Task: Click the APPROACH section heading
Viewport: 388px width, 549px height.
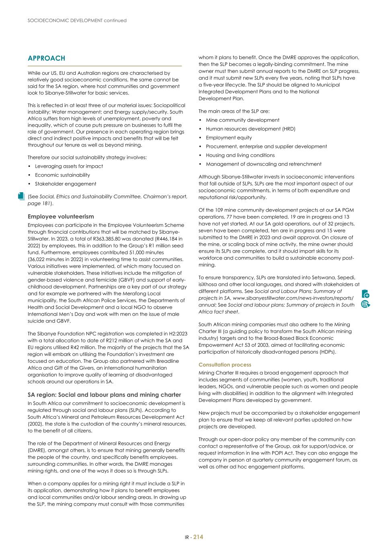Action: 46,58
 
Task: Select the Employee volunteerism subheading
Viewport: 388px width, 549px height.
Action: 61,216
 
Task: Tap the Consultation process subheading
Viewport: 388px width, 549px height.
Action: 224,365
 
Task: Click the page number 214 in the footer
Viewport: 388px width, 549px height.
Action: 198,537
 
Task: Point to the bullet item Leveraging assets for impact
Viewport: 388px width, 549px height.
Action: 69,166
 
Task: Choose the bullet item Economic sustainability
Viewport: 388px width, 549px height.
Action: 62,175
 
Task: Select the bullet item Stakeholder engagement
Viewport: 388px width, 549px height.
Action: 66,184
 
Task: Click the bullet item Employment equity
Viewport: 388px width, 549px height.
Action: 229,138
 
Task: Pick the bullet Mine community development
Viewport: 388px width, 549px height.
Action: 242,120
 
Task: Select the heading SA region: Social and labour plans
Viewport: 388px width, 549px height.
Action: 104,395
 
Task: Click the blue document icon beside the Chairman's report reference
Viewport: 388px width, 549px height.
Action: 21,196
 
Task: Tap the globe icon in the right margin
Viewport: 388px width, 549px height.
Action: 365,304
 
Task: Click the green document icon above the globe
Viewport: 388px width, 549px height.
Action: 365,294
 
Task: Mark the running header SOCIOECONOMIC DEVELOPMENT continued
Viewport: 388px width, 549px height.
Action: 77,21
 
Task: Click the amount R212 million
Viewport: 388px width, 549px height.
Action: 114,341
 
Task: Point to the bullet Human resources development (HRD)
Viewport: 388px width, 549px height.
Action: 250,129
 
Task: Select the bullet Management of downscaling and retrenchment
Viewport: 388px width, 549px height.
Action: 263,164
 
